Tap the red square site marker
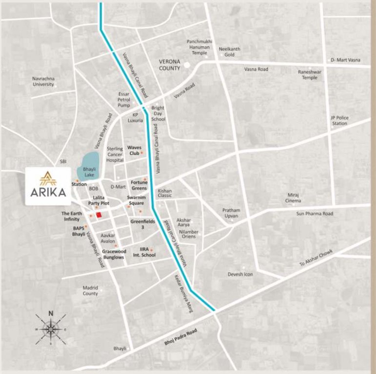(x=98, y=215)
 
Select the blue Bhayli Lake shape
(x=88, y=163)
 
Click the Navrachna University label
(x=43, y=81)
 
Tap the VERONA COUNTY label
(x=170, y=65)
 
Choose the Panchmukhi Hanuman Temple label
(x=200, y=47)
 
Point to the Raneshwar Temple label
(x=309, y=75)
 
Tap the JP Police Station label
(x=339, y=120)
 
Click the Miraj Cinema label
(x=293, y=198)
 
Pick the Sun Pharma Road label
(x=315, y=214)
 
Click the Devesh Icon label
(x=240, y=274)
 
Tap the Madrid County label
(x=90, y=291)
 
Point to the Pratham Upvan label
(x=232, y=213)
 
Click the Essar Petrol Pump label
(x=124, y=99)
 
